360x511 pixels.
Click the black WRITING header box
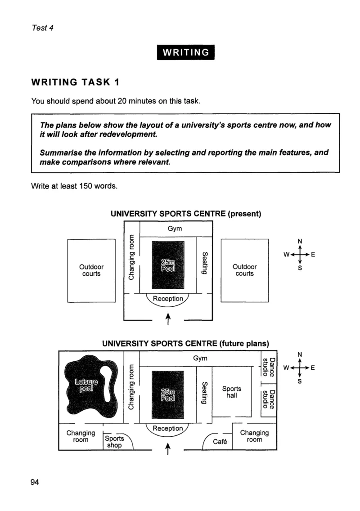(185, 52)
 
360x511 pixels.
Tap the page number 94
(35, 482)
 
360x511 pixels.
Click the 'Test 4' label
(42, 28)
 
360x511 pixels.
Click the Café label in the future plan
(220, 442)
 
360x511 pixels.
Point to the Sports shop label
(114, 442)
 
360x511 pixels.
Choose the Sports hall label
(232, 392)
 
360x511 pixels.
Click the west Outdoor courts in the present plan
(91, 270)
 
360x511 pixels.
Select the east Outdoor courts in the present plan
(244, 270)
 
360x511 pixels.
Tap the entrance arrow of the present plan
(168, 319)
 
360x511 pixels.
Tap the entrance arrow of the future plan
(168, 448)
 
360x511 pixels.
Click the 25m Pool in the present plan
(168, 265)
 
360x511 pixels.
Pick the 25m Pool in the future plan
(168, 394)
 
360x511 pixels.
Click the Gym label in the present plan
(175, 229)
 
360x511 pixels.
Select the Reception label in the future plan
(168, 428)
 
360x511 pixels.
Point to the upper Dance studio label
(269, 367)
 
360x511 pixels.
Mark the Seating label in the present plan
(205, 263)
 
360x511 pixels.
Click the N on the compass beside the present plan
(300, 241)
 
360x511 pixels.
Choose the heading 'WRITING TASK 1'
(75, 82)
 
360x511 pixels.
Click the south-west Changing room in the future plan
(81, 436)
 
